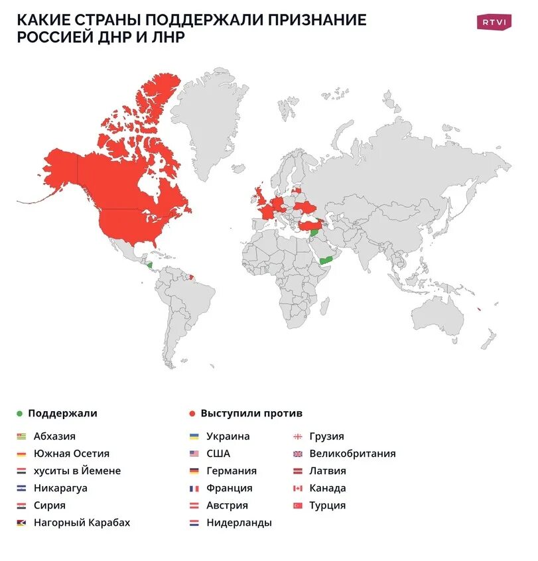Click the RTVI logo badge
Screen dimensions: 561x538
494,22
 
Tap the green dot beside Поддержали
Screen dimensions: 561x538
20,414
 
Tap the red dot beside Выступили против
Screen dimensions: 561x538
192,414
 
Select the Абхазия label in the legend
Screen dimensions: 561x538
54,436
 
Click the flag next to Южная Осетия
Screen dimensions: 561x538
22,454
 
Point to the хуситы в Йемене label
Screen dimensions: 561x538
77,471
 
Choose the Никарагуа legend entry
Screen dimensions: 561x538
60,488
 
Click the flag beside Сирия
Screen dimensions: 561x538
22,506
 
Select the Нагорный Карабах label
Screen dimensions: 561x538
82,523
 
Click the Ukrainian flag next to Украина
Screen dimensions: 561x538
194,437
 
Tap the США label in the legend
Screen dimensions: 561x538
218,454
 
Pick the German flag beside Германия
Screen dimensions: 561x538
194,471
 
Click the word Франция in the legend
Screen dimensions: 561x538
229,488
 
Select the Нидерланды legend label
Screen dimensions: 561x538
239,523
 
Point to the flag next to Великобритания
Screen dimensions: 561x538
297,454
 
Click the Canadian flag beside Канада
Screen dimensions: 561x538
297,489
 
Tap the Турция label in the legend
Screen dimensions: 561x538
327,505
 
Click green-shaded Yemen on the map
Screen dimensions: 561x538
326,260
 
